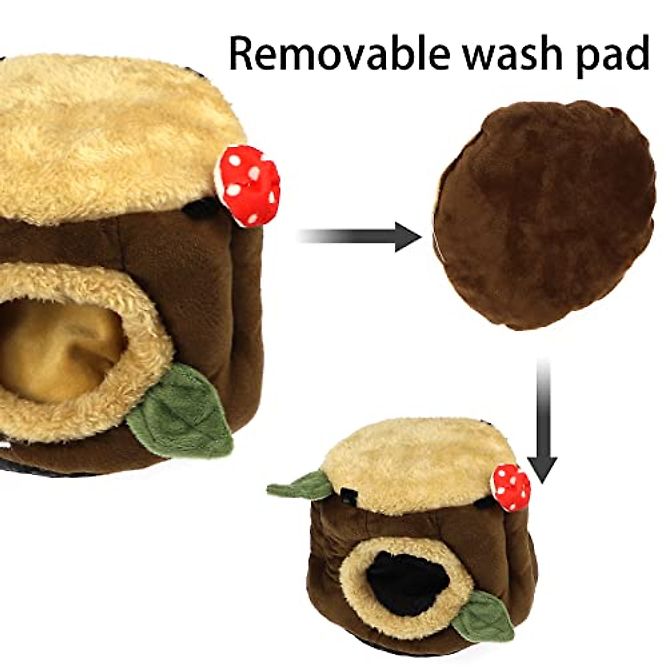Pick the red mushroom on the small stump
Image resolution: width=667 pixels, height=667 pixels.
[x=511, y=486]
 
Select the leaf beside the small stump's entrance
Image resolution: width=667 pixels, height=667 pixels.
[x=484, y=614]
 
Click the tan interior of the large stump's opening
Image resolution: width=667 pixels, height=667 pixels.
[x=56, y=345]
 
